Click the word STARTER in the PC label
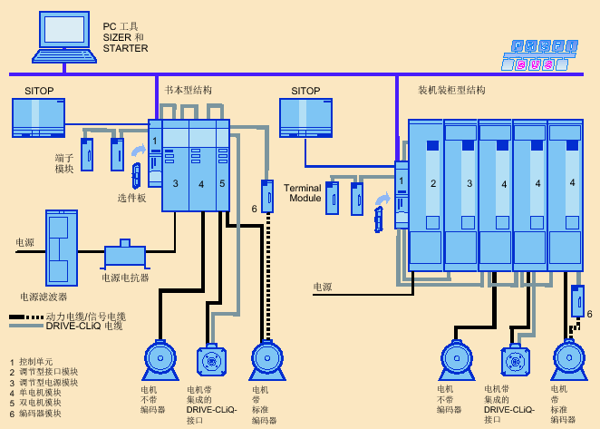pos(125,49)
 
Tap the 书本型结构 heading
pos(189,91)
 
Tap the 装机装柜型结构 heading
pos(451,91)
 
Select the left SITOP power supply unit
pos(38,118)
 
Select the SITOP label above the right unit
pos(305,91)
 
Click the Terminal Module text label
pos(304,192)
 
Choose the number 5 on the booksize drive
pos(222,184)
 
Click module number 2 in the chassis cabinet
pos(433,184)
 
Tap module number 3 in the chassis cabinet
pos(469,184)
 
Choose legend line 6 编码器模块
pos(36,413)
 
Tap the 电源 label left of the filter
pos(24,242)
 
